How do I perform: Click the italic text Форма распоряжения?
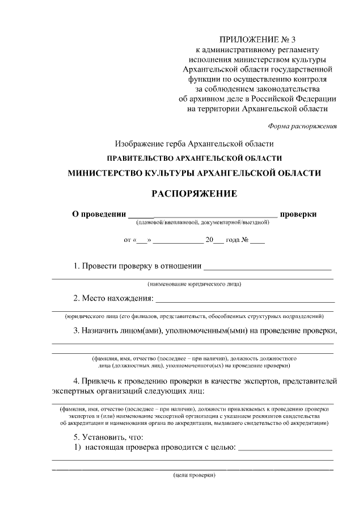[x=303, y=126]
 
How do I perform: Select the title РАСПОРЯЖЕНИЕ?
[x=193, y=194]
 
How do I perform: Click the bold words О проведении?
[x=98, y=214]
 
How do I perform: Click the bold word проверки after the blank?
[x=298, y=214]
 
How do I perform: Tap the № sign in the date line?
[x=246, y=240]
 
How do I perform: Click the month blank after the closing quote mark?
[x=178, y=241]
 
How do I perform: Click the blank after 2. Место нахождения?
[x=244, y=300]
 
